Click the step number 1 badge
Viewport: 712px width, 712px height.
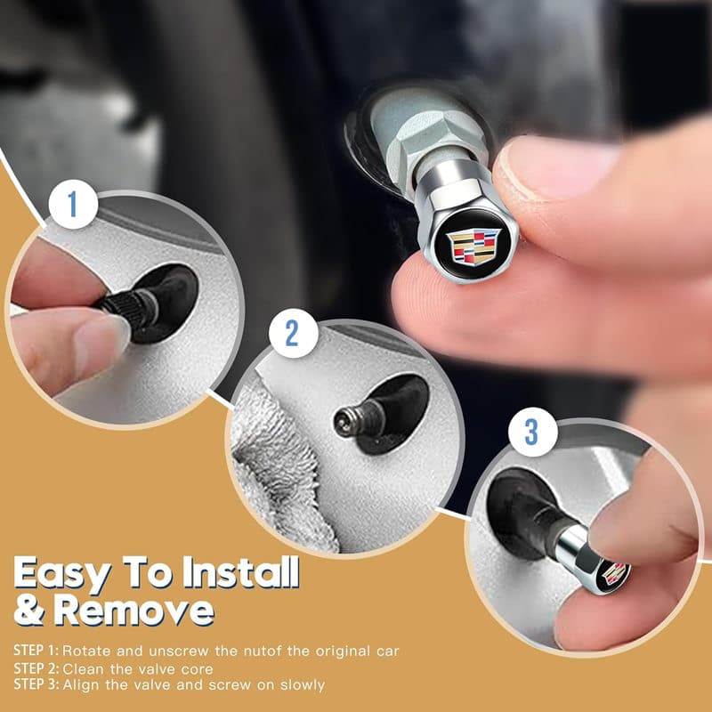73,204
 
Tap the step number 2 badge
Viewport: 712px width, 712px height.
294,333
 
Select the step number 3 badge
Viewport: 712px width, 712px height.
532,432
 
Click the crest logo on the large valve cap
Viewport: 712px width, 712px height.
473,247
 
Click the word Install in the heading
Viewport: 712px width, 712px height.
240,573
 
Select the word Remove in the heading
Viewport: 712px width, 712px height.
134,610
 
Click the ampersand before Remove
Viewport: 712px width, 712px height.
29,610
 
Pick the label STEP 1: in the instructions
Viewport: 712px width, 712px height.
36,651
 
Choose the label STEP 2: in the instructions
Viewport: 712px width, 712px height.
36,668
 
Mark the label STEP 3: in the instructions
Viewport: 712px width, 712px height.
36,684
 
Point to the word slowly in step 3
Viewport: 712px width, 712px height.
303,685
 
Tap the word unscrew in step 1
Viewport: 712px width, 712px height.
179,651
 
